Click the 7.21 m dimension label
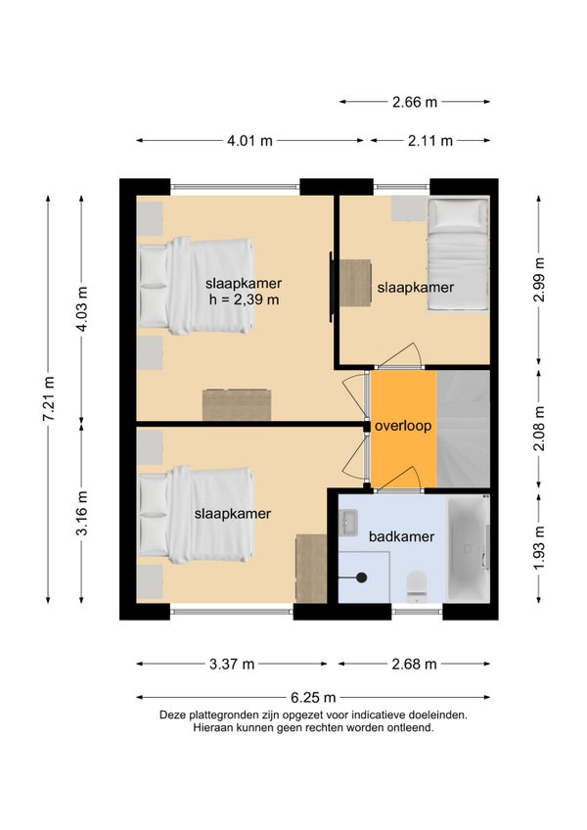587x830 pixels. [48, 398]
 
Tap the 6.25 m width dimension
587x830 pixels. [313, 697]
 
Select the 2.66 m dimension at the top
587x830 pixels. [415, 102]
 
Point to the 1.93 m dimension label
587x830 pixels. [539, 548]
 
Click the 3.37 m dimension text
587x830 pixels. [232, 664]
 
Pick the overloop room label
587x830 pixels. [403, 426]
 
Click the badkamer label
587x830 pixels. [401, 536]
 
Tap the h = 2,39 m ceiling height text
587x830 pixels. [244, 300]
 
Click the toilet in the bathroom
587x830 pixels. [417, 586]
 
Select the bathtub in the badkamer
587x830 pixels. [469, 548]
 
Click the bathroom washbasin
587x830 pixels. [348, 522]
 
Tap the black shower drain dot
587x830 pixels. [362, 577]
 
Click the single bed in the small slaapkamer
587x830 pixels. [457, 254]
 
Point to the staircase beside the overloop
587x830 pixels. [463, 429]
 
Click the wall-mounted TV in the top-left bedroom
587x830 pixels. [332, 287]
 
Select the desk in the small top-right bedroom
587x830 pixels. [355, 283]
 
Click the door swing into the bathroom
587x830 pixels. [397, 477]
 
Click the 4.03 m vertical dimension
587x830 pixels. [81, 309]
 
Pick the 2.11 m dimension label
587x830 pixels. [430, 141]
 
